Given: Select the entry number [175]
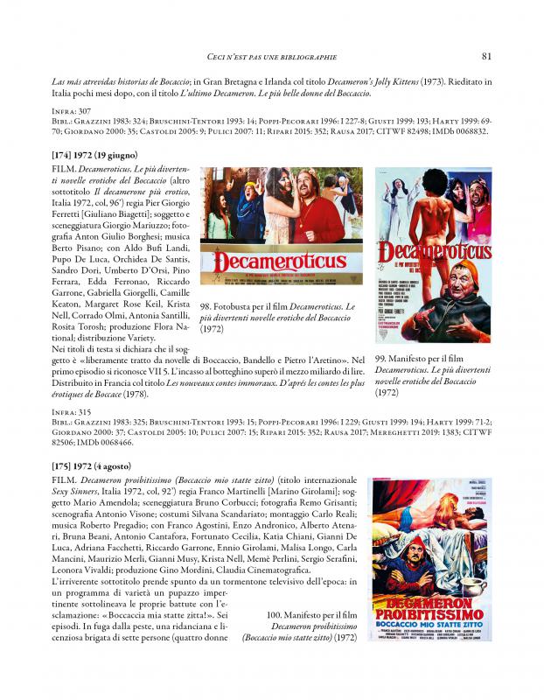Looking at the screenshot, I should coord(66,465).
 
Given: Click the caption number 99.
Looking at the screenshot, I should coord(381,360).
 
